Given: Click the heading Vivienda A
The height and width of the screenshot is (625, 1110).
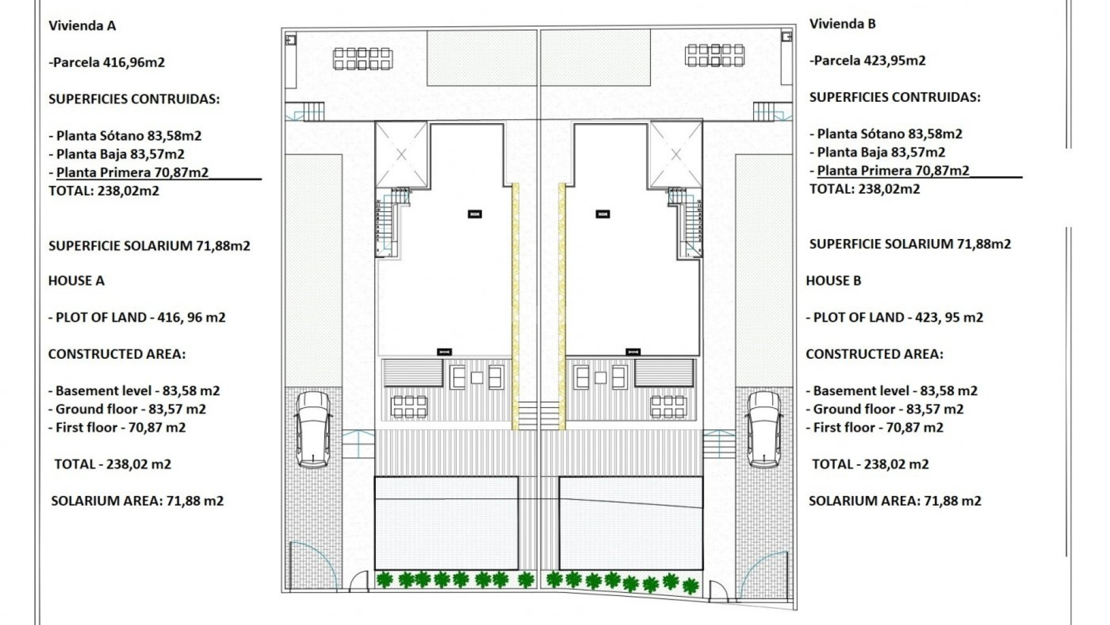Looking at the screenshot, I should pyautogui.click(x=82, y=25).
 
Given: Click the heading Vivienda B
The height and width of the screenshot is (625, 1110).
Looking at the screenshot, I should pyautogui.click(x=842, y=24).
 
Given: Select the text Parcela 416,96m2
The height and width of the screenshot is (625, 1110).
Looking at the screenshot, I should pyautogui.click(x=107, y=62).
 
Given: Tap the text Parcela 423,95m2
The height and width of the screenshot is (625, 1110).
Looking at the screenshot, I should pyautogui.click(x=868, y=60).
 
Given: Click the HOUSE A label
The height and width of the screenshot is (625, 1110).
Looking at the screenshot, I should pyautogui.click(x=76, y=281).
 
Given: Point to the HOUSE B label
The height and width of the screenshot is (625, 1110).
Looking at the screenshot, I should pyautogui.click(x=834, y=281).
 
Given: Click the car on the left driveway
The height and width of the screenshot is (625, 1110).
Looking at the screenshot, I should pyautogui.click(x=313, y=429).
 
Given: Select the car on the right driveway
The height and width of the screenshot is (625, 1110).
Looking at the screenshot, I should pyautogui.click(x=764, y=429).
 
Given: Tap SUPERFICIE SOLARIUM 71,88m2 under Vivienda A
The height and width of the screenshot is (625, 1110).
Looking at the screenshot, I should pyautogui.click(x=149, y=245).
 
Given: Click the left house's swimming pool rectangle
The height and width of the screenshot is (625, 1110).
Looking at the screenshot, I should pyautogui.click(x=446, y=523).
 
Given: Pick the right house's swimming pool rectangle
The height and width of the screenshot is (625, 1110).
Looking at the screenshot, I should pyautogui.click(x=631, y=523).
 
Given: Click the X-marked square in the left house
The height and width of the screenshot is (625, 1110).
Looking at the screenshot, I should pyautogui.click(x=401, y=155).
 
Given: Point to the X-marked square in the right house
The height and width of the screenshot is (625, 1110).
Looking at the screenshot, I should pyautogui.click(x=676, y=155).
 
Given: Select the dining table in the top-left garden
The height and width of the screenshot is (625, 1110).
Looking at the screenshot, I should pyautogui.click(x=362, y=58).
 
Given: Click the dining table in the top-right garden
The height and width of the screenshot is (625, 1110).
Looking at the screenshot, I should pyautogui.click(x=715, y=56).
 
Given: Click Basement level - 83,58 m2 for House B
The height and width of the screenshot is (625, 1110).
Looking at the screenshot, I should pyautogui.click(x=891, y=391).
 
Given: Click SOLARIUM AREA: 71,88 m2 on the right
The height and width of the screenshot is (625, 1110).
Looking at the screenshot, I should pyautogui.click(x=895, y=501).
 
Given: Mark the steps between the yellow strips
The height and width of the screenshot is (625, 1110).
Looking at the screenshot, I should pyautogui.click(x=538, y=415).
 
